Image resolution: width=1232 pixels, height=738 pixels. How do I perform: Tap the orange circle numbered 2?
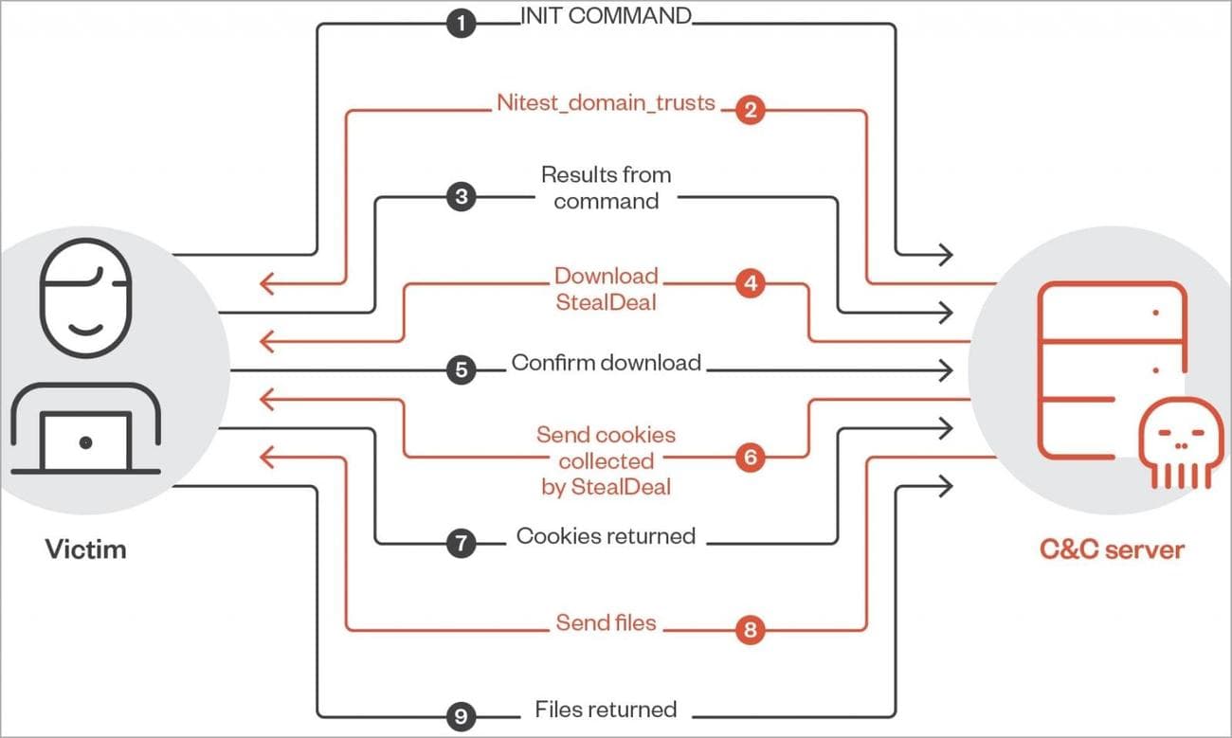point(750,111)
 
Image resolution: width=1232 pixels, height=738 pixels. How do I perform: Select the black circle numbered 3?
point(461,197)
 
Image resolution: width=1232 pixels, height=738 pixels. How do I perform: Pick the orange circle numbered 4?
point(750,283)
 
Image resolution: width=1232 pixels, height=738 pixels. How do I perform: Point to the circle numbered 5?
point(461,369)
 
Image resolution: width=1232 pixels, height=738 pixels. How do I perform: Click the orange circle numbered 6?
point(750,458)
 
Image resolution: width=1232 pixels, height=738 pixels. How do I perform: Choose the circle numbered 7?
point(461,543)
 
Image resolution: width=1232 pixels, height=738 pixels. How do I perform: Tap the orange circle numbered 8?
point(750,630)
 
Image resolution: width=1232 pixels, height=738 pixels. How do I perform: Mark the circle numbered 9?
point(461,716)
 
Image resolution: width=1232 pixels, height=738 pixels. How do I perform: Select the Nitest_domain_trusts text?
point(606,102)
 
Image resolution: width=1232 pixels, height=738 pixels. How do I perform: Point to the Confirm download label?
point(607,363)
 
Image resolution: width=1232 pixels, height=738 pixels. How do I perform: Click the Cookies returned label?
point(606,536)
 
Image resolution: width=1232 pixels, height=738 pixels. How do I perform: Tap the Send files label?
point(606,623)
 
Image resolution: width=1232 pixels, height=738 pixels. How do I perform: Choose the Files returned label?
point(606,710)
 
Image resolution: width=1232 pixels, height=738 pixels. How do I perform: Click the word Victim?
point(85,549)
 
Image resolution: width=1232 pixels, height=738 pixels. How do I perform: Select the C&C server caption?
point(1111,549)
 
